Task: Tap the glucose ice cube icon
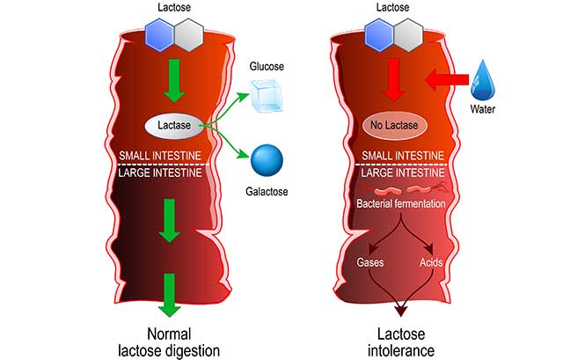[267, 96]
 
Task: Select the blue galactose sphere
[267, 160]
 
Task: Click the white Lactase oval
[174, 125]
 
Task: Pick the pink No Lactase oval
[394, 125]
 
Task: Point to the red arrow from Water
[447, 80]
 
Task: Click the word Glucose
[267, 67]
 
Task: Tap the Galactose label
[267, 192]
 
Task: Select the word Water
[483, 109]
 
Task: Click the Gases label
[370, 262]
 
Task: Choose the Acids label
[431, 262]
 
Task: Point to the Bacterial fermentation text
[401, 203]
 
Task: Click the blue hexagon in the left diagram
[159, 34]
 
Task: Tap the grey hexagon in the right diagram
[408, 34]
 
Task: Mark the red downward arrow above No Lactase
[394, 80]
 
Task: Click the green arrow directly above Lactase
[174, 80]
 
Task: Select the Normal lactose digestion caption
[169, 342]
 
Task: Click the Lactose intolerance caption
[401, 342]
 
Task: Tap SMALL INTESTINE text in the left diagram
[160, 156]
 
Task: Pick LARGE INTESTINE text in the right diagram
[403, 173]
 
